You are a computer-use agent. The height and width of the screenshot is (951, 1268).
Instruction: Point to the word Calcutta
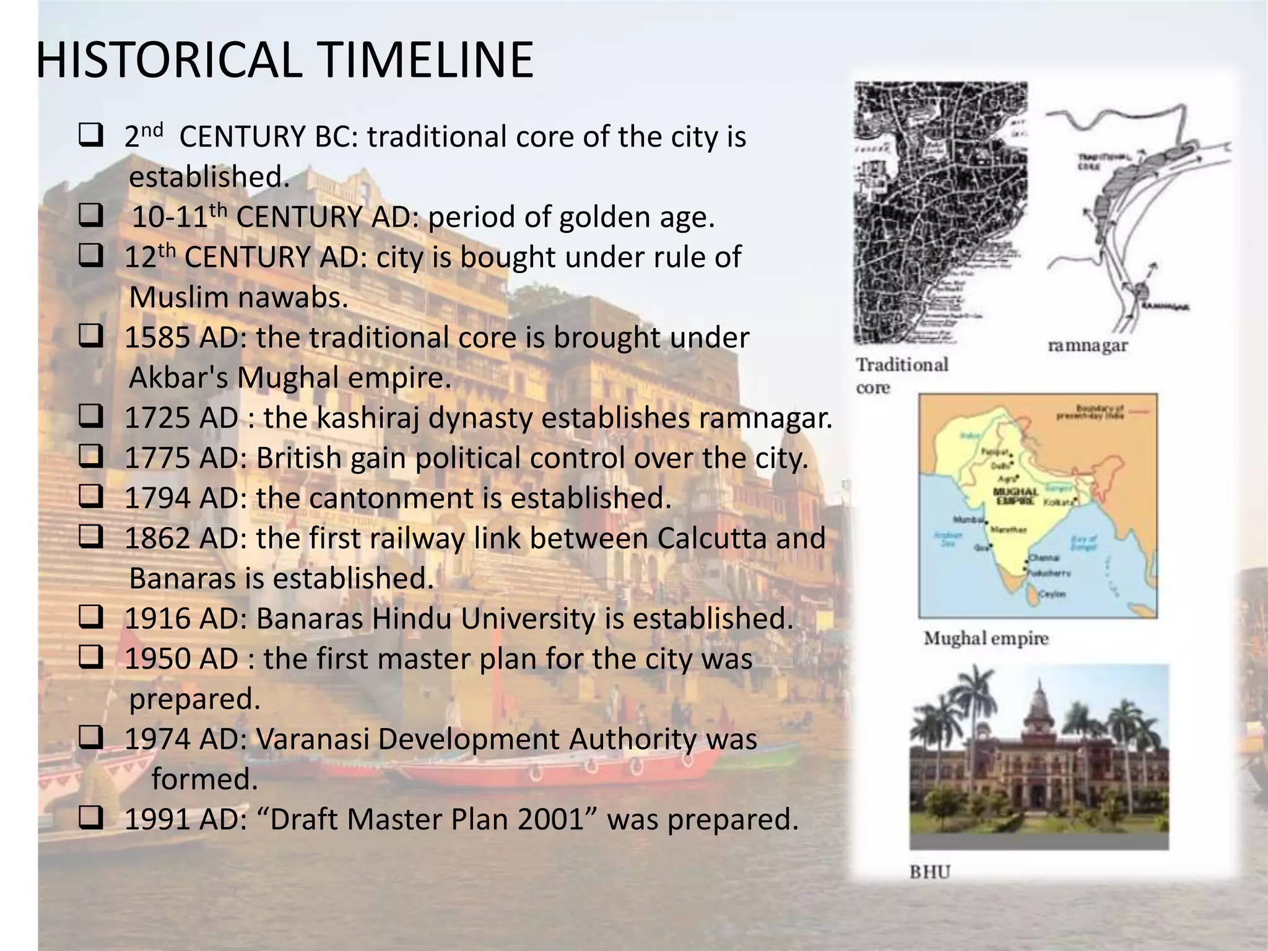point(718,538)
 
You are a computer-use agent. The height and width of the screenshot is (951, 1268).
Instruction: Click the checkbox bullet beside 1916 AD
point(90,617)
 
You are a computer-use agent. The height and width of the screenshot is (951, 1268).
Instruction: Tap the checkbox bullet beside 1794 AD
point(90,497)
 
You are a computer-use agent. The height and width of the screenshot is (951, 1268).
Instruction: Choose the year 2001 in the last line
point(551,819)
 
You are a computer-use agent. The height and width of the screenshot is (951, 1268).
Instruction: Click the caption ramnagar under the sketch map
point(1087,345)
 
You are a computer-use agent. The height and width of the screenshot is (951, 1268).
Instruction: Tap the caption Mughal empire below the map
point(986,638)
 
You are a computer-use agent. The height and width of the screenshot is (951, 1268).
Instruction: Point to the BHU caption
point(929,872)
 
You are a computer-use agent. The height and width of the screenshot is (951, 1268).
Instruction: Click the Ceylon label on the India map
point(1052,594)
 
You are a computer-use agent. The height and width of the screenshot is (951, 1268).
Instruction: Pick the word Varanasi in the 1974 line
point(312,739)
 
